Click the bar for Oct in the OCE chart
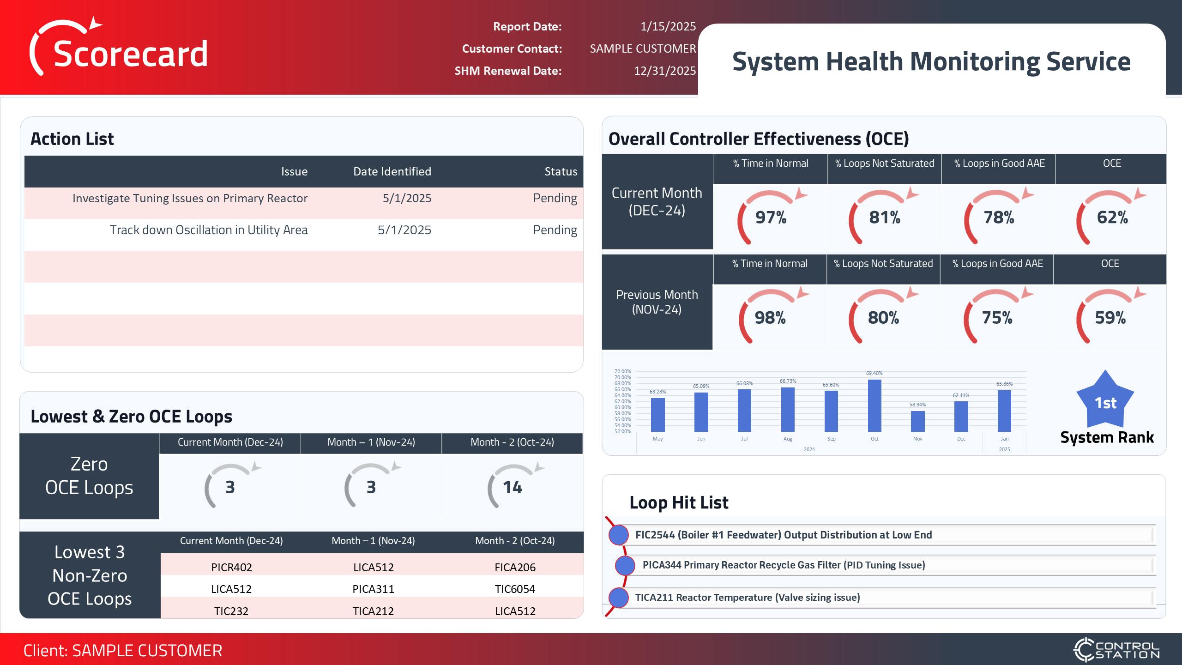coord(874,406)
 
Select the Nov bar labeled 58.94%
coord(917,421)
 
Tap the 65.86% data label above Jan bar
coord(1004,384)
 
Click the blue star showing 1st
coord(1105,402)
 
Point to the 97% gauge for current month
coord(771,217)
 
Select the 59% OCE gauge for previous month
coord(1110,318)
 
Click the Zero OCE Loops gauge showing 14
coord(513,487)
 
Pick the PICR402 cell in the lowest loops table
coord(231,567)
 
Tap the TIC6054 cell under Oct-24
coord(515,589)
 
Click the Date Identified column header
coord(392,171)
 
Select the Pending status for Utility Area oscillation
coord(555,230)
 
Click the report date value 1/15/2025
coord(668,26)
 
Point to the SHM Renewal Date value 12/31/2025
coord(664,71)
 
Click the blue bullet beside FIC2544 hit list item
coord(619,535)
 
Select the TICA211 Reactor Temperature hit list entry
coord(747,597)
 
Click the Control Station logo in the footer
coord(1116,650)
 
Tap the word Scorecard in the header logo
coord(131,54)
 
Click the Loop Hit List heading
coord(679,502)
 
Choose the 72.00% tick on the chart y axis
coord(622,371)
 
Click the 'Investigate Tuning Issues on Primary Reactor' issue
coord(190,198)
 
